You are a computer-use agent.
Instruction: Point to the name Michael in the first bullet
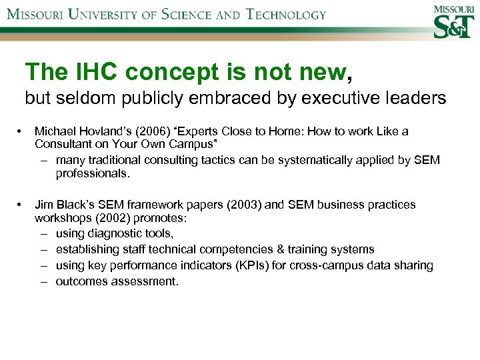[x=55, y=131]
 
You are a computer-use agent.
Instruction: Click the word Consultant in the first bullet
[x=63, y=145]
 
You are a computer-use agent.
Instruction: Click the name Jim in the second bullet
[x=43, y=205]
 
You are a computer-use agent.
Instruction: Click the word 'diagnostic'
[x=113, y=233]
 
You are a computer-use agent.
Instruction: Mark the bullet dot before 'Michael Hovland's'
[x=21, y=131]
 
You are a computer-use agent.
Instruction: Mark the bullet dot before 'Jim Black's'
[x=21, y=205]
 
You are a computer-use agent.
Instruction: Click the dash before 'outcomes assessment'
[x=43, y=281]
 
